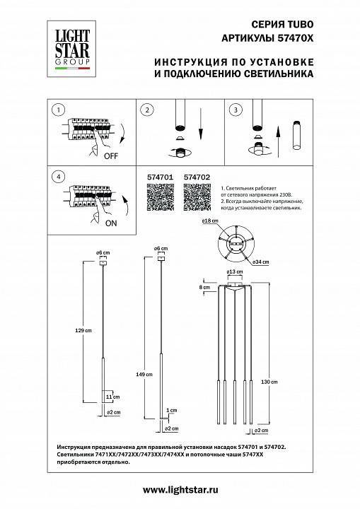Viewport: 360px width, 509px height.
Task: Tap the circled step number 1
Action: click(x=59, y=110)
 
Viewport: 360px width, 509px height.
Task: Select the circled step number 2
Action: click(x=146, y=110)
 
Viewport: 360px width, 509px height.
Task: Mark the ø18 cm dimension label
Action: click(x=208, y=223)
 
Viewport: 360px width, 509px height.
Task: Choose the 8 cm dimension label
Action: click(x=204, y=288)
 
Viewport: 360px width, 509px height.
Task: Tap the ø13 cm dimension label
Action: click(x=231, y=272)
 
